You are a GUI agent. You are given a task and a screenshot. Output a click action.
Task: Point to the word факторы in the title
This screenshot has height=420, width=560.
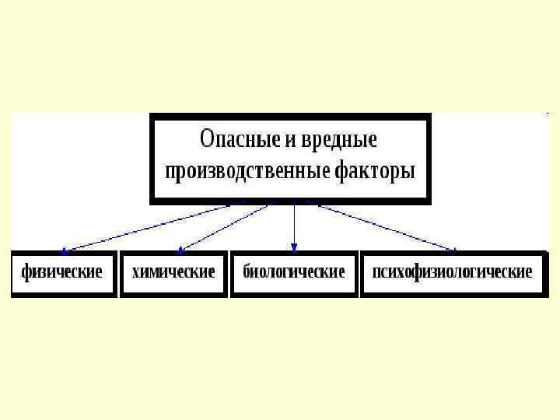376,170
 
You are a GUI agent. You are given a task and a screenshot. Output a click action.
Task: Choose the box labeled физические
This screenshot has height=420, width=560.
63,273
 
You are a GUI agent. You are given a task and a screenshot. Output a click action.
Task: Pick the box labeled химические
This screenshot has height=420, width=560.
173,273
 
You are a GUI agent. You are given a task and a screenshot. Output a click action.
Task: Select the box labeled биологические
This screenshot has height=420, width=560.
294,273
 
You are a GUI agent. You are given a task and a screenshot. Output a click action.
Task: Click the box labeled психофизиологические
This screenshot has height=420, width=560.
453,273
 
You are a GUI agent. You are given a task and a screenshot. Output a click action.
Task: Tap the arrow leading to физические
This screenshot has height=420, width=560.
156,226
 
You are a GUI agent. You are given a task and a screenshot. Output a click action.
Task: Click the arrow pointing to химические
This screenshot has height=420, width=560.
226,226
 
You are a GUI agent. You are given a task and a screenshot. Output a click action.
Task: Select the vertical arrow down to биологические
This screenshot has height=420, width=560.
294,226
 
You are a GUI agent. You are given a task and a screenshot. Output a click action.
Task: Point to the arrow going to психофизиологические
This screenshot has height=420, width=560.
381,226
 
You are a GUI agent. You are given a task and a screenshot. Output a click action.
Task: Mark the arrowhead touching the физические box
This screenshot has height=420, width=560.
65,251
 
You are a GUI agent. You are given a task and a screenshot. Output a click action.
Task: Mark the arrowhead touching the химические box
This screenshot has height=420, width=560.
180,250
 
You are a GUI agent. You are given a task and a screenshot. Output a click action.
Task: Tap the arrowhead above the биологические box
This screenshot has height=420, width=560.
294,250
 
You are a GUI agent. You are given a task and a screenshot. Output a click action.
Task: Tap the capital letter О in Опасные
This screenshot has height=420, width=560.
208,141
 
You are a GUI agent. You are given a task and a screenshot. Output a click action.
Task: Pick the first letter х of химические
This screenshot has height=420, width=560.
136,273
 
